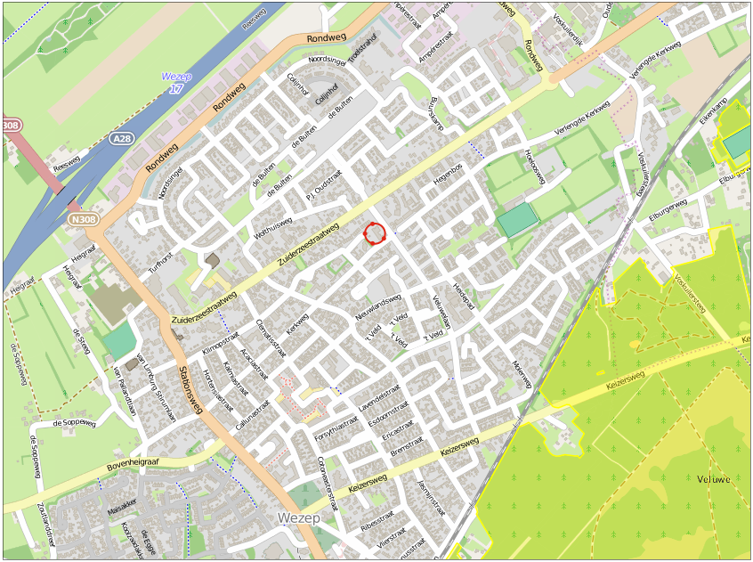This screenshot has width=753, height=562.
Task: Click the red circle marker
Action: [376, 233]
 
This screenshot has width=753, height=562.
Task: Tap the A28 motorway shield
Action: [123, 139]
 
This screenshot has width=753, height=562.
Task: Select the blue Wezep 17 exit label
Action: [175, 84]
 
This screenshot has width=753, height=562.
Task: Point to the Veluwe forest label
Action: [714, 479]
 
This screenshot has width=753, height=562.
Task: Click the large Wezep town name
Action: [298, 517]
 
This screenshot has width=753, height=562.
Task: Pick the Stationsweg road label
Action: [191, 389]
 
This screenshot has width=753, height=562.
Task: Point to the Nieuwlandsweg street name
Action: [379, 309]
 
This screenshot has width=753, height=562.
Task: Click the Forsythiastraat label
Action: [336, 434]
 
